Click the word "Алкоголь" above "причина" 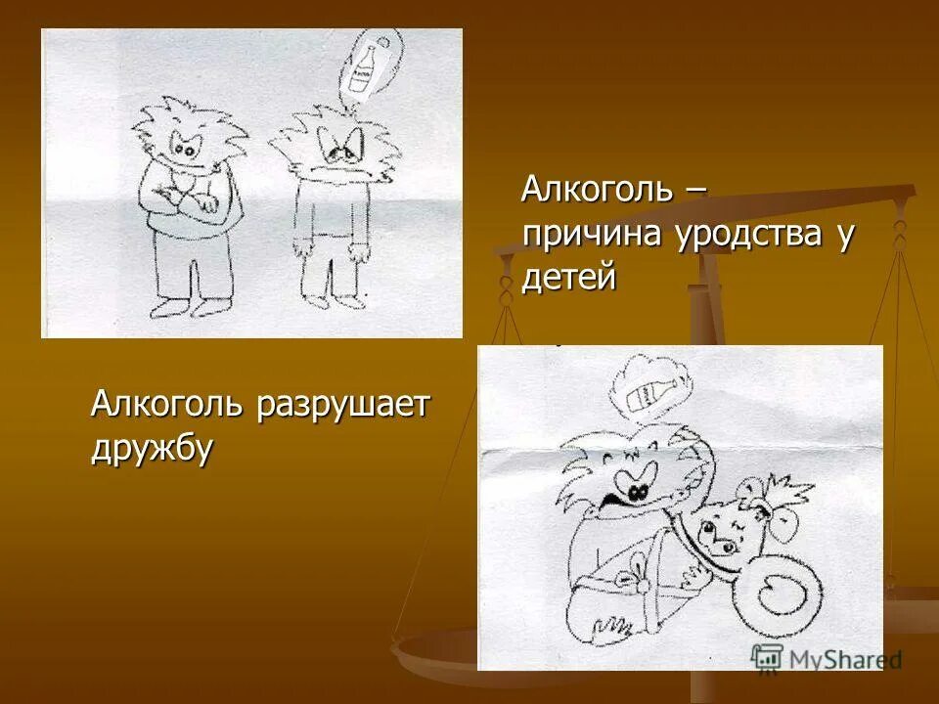pos(597,189)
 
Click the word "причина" pos(591,235)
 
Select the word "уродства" pos(746,235)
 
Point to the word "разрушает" pos(342,404)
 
